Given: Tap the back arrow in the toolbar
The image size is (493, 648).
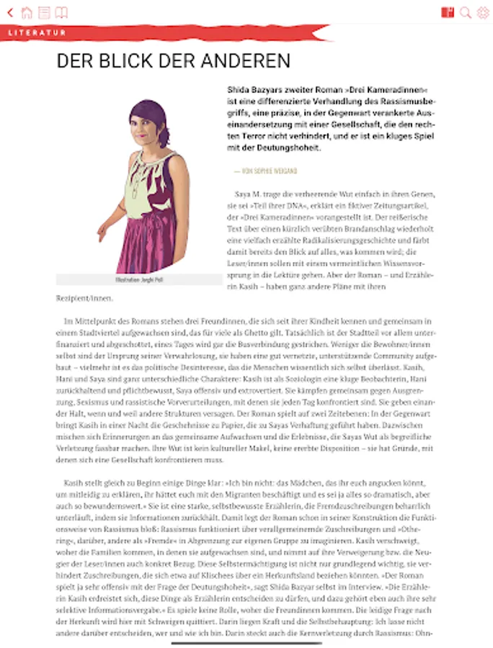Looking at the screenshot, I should tap(9, 12).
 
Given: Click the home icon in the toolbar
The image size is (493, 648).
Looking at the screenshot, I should tap(27, 12).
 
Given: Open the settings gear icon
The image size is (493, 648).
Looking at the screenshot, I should tap(482, 12).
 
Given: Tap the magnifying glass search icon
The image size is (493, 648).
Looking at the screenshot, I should tap(466, 12).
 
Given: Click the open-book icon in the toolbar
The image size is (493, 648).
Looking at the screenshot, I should tap(62, 12).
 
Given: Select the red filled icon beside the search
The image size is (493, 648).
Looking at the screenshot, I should tap(448, 12).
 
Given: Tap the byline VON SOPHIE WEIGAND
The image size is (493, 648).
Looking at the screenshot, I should tap(265, 171).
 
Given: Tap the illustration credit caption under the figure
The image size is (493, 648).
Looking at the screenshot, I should tap(139, 279).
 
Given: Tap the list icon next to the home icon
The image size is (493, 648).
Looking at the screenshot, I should tap(45, 12).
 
